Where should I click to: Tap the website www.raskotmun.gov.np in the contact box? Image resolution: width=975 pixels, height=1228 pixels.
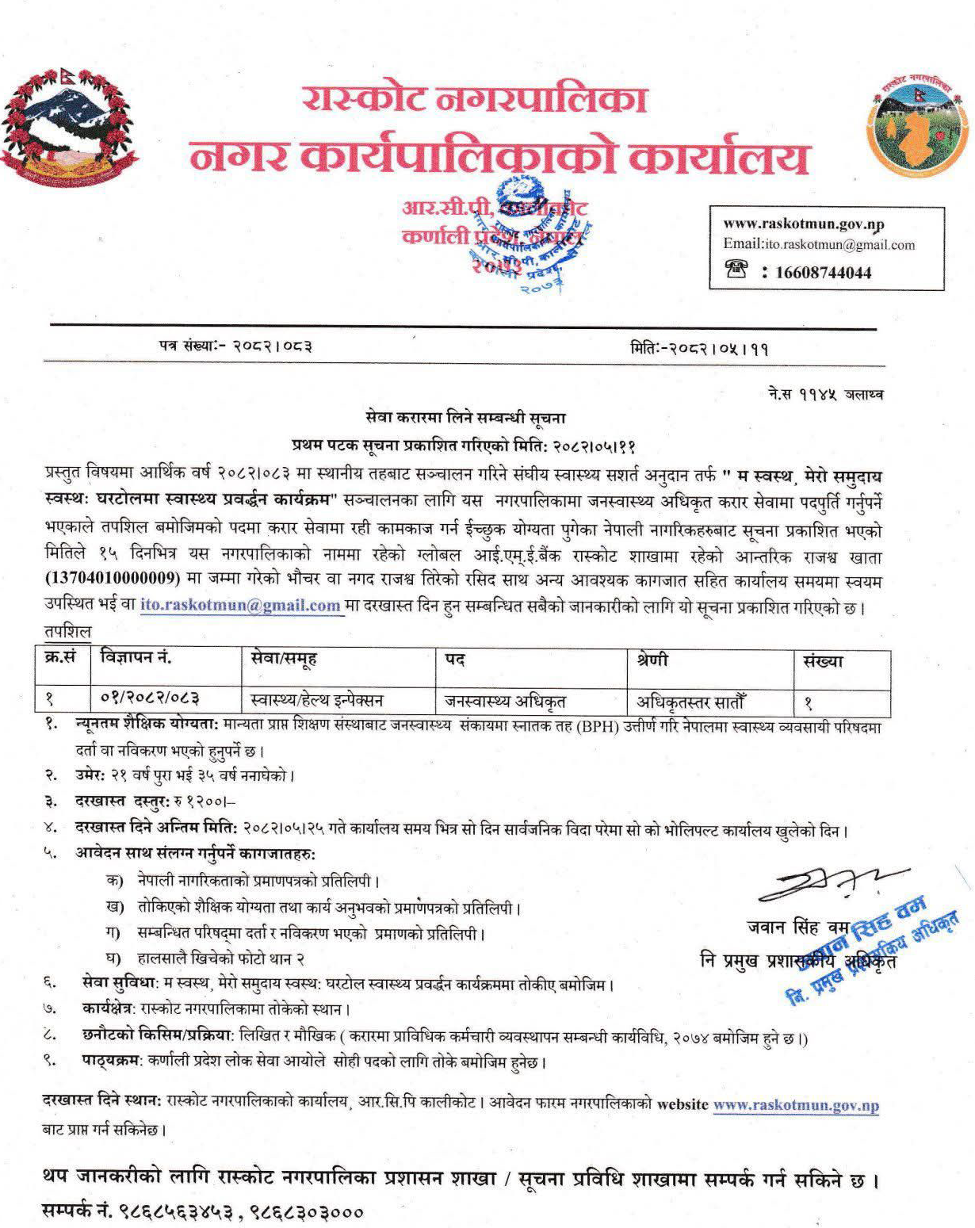803,225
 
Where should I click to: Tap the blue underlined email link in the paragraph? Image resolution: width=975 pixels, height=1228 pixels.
240,605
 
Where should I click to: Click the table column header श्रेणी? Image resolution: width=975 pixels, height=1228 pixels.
652,660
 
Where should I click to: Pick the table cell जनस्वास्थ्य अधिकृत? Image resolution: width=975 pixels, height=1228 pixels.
505,700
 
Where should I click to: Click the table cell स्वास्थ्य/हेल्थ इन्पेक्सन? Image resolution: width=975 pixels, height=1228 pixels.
316,700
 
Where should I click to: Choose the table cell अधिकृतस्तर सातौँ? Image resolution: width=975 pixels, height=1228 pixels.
690,701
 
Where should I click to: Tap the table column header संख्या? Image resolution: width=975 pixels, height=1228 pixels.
822,660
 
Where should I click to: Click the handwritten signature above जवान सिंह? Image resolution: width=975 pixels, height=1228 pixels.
829,884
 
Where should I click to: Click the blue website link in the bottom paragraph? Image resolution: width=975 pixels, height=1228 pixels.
795,1105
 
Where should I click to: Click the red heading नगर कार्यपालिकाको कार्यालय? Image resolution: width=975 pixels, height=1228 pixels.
499,158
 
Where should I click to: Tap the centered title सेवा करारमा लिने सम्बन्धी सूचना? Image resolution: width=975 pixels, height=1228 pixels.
466,417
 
